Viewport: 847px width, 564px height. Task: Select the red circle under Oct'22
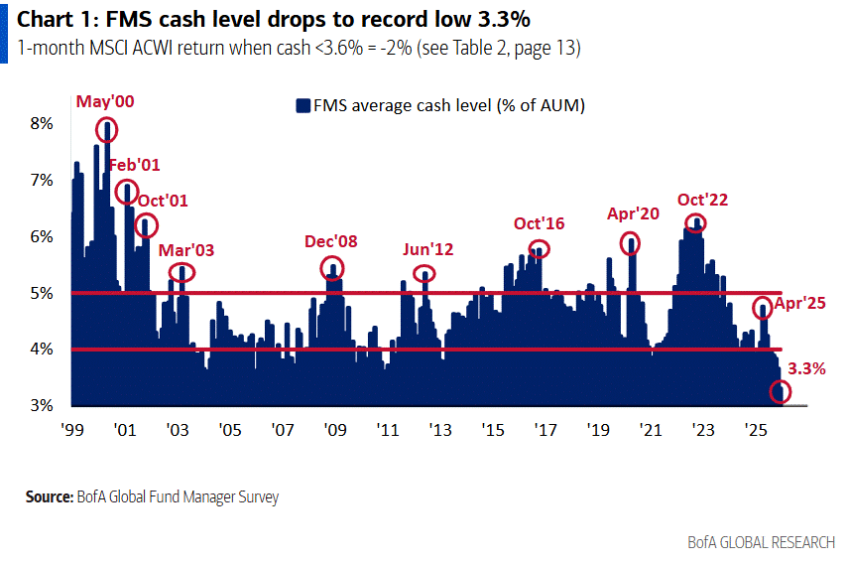click(x=695, y=223)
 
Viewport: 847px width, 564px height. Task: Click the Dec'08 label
click(x=331, y=241)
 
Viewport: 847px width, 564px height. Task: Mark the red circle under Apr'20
click(x=630, y=243)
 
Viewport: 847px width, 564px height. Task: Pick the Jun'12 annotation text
click(x=427, y=249)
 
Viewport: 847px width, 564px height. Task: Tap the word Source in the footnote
click(x=49, y=496)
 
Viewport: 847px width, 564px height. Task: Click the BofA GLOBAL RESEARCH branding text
click(x=762, y=543)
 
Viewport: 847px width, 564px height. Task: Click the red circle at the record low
click(x=781, y=392)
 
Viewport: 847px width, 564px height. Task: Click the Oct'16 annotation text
click(x=539, y=223)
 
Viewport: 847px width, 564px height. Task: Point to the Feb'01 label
click(x=135, y=165)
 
